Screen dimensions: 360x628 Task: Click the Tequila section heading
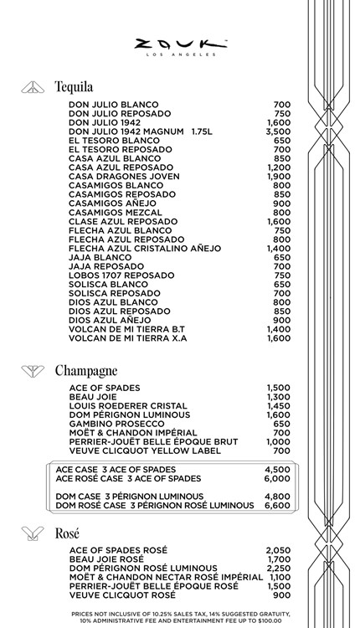pos(74,86)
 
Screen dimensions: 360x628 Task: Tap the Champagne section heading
pos(85,370)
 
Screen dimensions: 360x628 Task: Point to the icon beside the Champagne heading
pos(33,370)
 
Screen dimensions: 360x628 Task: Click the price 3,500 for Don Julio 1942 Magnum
pos(278,131)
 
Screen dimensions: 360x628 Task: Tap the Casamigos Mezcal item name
pos(115,213)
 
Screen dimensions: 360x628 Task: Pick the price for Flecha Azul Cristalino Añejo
pos(278,249)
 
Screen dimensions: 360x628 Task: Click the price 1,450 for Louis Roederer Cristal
pos(278,406)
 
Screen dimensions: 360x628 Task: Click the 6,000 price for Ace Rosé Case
pos(278,479)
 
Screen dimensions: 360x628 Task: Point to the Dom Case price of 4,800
pos(278,497)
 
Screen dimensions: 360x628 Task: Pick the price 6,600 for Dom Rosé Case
pos(278,506)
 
